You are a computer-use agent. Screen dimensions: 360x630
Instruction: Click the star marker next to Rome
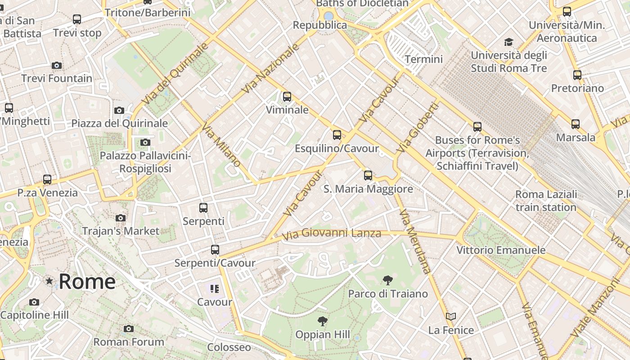point(49,281)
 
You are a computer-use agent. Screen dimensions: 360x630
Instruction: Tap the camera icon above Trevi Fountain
point(56,65)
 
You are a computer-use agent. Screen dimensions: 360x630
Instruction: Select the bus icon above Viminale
point(287,96)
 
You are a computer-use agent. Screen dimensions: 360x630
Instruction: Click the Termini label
point(423,59)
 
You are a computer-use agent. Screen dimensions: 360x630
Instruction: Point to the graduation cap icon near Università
point(508,42)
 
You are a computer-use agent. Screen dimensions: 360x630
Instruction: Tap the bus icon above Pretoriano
point(577,75)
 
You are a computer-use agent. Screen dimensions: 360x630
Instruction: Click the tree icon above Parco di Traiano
point(387,281)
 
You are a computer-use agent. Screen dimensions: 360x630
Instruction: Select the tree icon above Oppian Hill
point(322,321)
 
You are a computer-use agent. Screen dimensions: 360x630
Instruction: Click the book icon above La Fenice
point(451,317)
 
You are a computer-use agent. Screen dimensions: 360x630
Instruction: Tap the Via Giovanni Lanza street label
point(331,234)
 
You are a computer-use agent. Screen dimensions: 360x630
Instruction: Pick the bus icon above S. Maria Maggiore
point(368,175)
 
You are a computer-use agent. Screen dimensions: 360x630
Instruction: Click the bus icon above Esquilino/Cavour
point(337,135)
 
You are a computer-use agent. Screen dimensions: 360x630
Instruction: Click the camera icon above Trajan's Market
point(120,218)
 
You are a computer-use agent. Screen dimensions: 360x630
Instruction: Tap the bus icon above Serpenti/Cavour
point(215,249)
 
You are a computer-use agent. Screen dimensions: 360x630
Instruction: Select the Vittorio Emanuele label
point(501,250)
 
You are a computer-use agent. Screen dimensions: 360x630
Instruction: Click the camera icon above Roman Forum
point(129,329)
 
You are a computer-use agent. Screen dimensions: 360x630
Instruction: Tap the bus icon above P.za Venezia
point(47,179)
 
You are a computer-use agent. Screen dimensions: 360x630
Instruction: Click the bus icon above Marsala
point(575,124)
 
